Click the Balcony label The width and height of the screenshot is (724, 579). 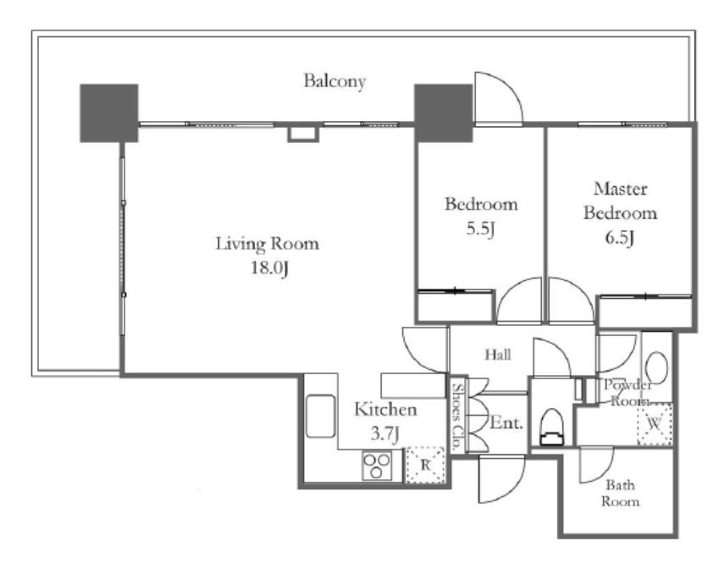334,81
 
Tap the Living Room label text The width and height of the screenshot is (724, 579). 268,243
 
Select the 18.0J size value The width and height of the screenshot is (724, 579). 269,267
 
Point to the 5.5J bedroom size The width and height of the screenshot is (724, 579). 480,229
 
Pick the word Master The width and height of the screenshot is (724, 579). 620,189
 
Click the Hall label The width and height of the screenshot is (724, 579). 498,355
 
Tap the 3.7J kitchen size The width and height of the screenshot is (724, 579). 384,433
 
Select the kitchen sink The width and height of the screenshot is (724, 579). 320,416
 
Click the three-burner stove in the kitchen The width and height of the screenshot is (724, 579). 377,465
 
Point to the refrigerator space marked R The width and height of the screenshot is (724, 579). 425,465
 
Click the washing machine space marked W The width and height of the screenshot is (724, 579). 655,424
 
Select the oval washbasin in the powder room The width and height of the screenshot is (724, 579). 656,368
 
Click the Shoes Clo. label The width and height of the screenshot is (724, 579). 457,416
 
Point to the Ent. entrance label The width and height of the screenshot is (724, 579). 506,422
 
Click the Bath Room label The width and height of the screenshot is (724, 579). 620,494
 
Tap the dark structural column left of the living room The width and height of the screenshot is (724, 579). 109,113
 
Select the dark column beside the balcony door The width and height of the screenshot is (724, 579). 443,113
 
